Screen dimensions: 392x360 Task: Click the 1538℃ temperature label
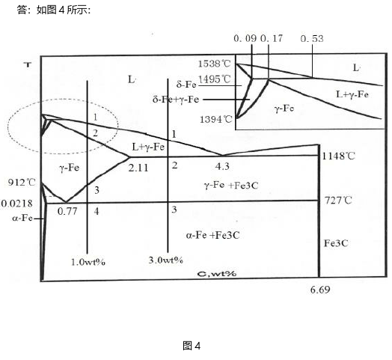pos(214,64)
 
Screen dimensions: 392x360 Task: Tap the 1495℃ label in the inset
pos(214,79)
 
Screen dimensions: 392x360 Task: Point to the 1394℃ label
pos(216,119)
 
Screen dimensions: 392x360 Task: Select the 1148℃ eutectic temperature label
pos(338,156)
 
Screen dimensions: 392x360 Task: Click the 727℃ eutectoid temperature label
pos(338,201)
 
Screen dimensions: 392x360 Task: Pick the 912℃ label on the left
pos(22,183)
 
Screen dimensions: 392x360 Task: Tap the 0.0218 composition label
pos(17,204)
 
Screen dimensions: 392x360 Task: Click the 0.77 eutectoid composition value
pos(67,211)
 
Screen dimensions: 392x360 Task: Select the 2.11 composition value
pos(138,168)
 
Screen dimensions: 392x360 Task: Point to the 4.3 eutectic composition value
pos(222,166)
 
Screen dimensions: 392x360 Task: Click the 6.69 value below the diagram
pos(320,290)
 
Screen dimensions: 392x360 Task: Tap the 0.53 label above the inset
pos(312,38)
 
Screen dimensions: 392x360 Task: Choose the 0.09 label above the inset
pos(245,38)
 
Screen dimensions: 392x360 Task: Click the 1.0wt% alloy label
pos(88,262)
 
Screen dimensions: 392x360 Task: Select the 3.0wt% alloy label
pos(166,260)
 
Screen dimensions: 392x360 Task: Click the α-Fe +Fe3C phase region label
pos(212,236)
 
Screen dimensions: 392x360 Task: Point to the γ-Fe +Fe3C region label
pos(231,186)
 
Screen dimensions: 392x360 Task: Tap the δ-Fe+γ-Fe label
pos(176,100)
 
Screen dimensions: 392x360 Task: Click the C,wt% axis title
pos(217,273)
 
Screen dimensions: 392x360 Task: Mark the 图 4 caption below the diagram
pos(192,346)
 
